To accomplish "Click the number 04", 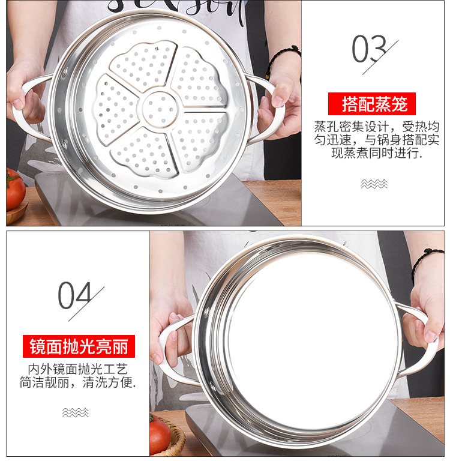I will point(74,295).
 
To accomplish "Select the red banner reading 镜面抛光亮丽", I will point(79,347).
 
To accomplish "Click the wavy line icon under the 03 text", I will point(374,184).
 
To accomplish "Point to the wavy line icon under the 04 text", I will point(76,412).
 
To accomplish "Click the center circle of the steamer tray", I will point(160,109).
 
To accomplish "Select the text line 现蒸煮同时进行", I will point(376,153).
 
